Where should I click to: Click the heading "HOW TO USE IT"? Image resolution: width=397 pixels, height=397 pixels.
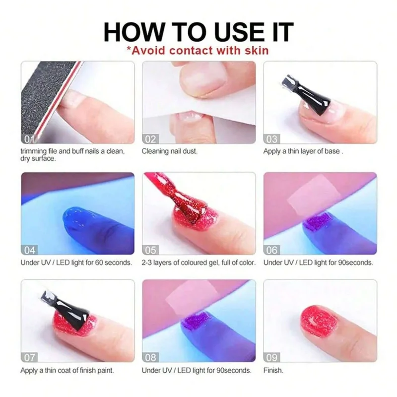198,31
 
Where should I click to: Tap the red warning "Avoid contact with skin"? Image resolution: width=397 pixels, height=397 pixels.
198,50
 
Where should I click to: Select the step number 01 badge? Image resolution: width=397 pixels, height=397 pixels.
29,139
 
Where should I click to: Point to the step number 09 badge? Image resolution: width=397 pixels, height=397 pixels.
272,357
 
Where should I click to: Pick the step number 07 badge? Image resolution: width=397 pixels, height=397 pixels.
29,357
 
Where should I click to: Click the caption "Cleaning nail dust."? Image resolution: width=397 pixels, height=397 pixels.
169,151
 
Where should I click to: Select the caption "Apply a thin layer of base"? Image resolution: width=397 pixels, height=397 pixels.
303,151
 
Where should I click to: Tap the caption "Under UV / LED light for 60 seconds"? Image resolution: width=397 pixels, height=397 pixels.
76,262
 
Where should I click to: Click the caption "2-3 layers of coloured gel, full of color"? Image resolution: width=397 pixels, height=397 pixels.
198,262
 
